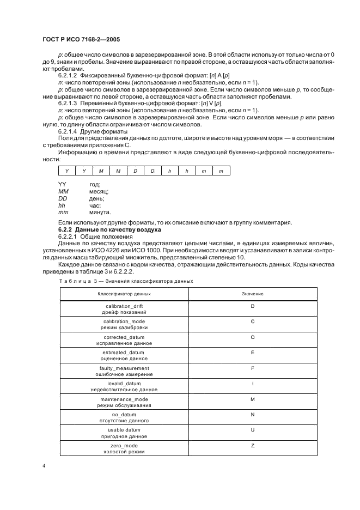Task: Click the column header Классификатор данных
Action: (124, 293)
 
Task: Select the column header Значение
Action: (253, 293)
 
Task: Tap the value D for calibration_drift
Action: (253, 307)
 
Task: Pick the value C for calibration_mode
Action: (253, 322)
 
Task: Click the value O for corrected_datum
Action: (253, 337)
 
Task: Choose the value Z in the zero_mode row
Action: (253, 446)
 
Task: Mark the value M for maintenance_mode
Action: (253, 399)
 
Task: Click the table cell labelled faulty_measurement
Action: (124, 368)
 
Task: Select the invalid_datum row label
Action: (124, 384)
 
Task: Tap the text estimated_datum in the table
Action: (124, 353)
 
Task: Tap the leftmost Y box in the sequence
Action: (66, 171)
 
